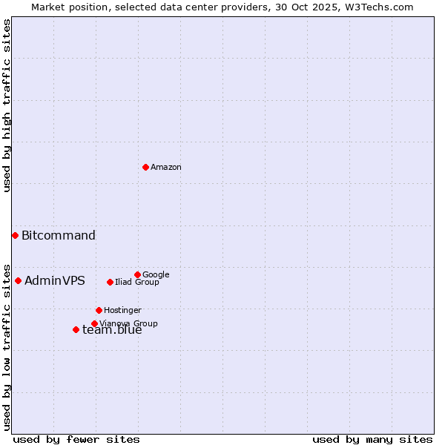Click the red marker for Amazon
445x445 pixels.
click(x=145, y=167)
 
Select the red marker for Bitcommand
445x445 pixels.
click(x=15, y=235)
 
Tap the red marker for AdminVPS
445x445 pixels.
click(x=18, y=280)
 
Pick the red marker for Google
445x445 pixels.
click(x=137, y=274)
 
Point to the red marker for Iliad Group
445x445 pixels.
click(x=110, y=282)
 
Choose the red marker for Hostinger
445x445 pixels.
click(x=99, y=310)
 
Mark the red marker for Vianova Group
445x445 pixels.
click(x=94, y=323)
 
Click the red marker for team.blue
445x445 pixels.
click(x=76, y=329)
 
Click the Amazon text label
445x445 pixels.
click(x=166, y=168)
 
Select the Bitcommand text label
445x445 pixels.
click(x=59, y=236)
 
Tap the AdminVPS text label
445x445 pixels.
click(x=55, y=281)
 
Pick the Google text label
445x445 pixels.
click(x=156, y=274)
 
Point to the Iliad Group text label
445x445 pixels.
click(x=137, y=282)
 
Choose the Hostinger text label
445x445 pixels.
click(x=122, y=310)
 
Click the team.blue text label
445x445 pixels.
click(x=112, y=331)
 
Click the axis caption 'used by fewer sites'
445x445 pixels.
click(x=76, y=439)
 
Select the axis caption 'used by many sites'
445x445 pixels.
click(x=372, y=439)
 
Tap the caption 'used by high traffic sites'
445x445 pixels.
click(x=7, y=105)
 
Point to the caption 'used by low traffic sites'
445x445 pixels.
click(x=7, y=346)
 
